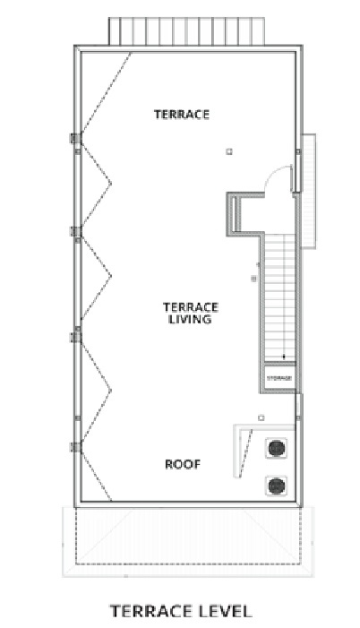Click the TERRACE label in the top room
182,115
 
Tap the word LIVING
189,319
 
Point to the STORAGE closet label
279,378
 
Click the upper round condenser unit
276,447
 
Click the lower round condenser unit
276,486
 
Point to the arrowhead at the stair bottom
284,358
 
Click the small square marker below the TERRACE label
229,151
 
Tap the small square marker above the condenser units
261,417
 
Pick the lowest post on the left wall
76,445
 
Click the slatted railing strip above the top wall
190,30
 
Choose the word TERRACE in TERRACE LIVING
189,305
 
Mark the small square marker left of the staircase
253,280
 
